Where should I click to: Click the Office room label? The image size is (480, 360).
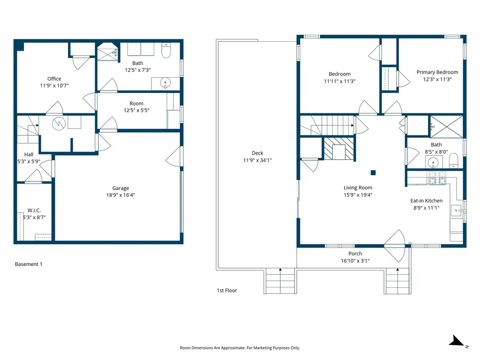[54, 79]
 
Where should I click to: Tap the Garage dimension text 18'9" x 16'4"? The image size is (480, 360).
[120, 195]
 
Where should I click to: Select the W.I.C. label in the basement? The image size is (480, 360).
[33, 210]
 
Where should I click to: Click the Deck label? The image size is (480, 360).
[257, 153]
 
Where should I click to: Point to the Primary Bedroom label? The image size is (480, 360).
[437, 72]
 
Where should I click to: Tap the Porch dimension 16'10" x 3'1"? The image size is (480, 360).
[355, 261]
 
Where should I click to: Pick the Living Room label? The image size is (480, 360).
[358, 187]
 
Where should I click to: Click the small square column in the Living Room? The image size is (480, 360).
[373, 172]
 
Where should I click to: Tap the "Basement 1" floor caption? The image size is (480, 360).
[29, 264]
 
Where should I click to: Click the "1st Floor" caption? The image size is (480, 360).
[227, 291]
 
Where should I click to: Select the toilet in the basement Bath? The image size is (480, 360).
[166, 51]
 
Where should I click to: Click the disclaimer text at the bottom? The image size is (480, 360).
[240, 348]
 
